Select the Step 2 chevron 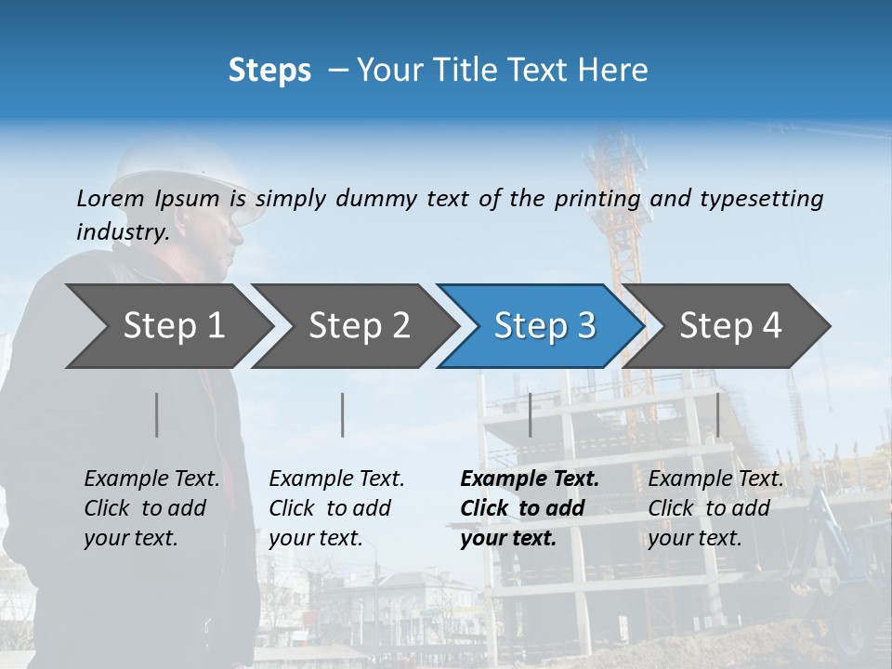point(358,326)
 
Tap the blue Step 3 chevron point(544,326)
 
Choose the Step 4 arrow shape point(729,326)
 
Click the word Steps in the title point(269,71)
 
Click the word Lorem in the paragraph point(111,198)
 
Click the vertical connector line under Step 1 point(157,414)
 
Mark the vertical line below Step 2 point(343,414)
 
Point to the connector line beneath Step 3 point(530,414)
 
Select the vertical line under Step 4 point(717,414)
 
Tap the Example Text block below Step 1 point(151,508)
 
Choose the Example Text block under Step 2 point(336,508)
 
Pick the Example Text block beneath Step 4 point(715,508)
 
